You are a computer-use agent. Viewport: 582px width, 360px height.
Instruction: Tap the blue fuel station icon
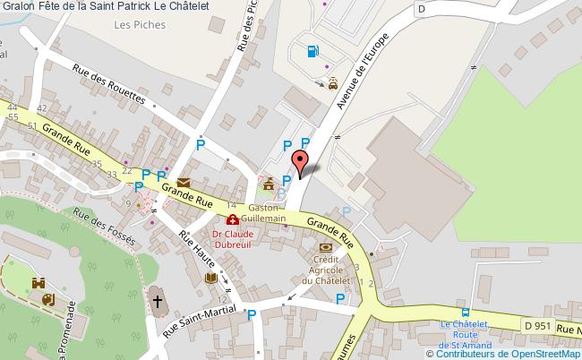click(312, 51)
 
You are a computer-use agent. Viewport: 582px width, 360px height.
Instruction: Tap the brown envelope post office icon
click(183, 183)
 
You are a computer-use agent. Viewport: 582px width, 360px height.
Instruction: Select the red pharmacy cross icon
click(233, 219)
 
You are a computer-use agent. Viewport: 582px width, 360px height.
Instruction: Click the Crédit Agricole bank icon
click(325, 246)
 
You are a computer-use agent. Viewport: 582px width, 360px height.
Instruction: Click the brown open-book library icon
click(211, 279)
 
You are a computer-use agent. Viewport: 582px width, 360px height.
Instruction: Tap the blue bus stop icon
click(464, 313)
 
